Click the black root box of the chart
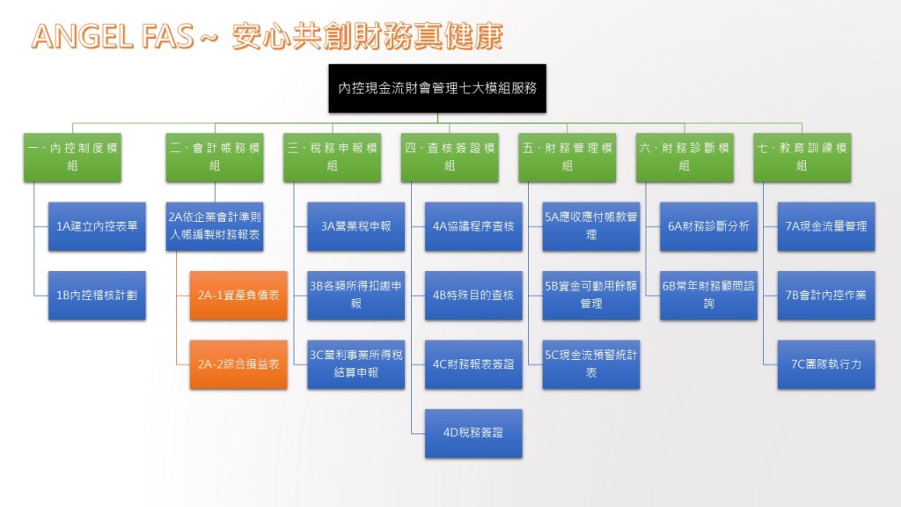tap(437, 88)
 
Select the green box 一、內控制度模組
tap(72, 157)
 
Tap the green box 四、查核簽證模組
tap(450, 157)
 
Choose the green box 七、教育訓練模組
tap(802, 157)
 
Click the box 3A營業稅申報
tap(355, 226)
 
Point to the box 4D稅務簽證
tap(473, 433)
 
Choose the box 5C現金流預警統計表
tap(590, 364)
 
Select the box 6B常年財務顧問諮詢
tap(707, 296)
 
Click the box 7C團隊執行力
tap(825, 364)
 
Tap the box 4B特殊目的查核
tap(473, 296)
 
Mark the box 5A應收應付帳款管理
tap(590, 226)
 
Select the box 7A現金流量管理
tap(825, 226)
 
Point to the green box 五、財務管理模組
tap(567, 157)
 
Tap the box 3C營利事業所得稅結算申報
tap(355, 364)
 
